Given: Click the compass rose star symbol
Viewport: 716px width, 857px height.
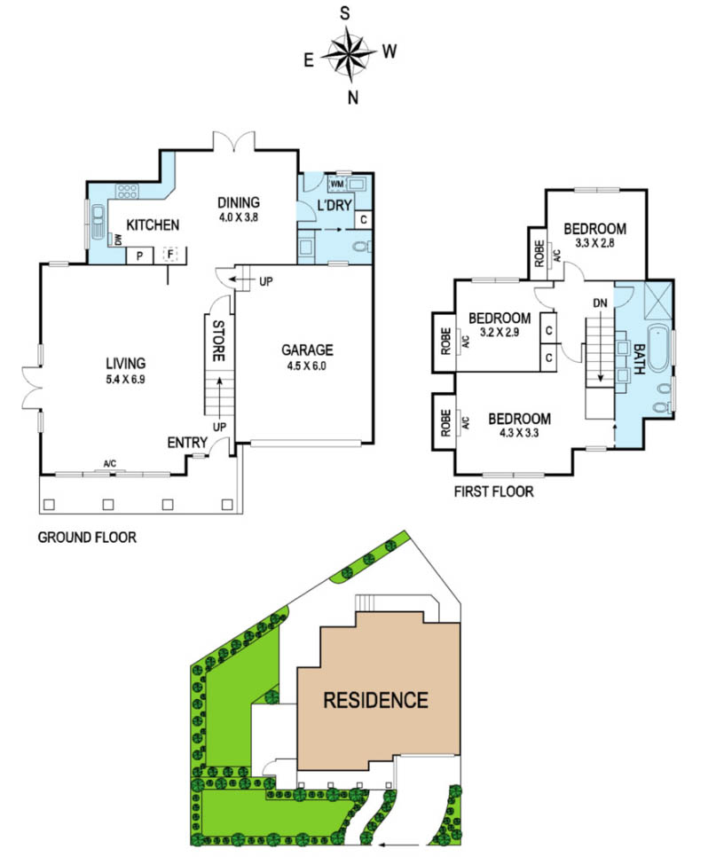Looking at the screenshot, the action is pyautogui.click(x=348, y=53).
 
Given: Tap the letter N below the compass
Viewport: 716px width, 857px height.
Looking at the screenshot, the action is pyautogui.click(x=353, y=98).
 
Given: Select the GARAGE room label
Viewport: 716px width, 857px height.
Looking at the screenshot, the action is pyautogui.click(x=307, y=350).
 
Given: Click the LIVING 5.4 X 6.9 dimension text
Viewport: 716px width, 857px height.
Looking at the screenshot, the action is pyautogui.click(x=125, y=380).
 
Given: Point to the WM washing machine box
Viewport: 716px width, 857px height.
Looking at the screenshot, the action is pyautogui.click(x=337, y=185).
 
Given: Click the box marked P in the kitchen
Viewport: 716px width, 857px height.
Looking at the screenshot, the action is pyautogui.click(x=140, y=256).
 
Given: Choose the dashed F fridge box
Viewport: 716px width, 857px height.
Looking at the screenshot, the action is pyautogui.click(x=170, y=254).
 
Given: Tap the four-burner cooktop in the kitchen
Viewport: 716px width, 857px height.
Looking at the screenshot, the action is pyautogui.click(x=127, y=192).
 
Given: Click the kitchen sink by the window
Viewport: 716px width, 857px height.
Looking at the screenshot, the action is pyautogui.click(x=98, y=222).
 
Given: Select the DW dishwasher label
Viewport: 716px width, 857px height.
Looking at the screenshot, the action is pyautogui.click(x=117, y=240).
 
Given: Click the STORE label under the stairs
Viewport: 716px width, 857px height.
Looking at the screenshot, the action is pyautogui.click(x=218, y=341).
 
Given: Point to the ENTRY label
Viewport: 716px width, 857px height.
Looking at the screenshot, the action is pyautogui.click(x=187, y=442).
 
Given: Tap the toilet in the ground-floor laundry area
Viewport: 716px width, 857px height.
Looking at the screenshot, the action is pyautogui.click(x=362, y=247).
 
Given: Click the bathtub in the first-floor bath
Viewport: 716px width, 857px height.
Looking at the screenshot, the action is pyautogui.click(x=658, y=348).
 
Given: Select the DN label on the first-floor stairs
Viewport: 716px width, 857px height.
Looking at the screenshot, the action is pyautogui.click(x=600, y=303).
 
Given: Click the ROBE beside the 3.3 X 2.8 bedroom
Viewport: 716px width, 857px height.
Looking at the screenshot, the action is pyautogui.click(x=539, y=254).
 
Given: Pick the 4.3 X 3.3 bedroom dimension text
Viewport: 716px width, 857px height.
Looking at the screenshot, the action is pyautogui.click(x=519, y=434).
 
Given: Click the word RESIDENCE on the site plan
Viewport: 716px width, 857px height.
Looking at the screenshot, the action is pyautogui.click(x=375, y=700).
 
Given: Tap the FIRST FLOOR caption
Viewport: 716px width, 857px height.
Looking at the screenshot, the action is pyautogui.click(x=493, y=491).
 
